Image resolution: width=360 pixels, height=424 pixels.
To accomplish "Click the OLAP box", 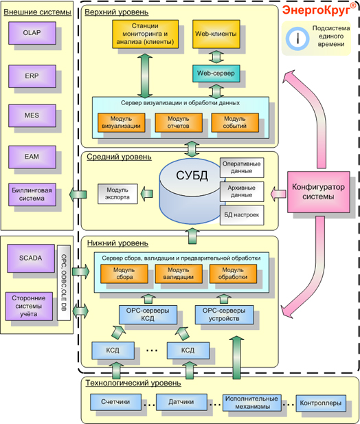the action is pyautogui.click(x=32, y=33).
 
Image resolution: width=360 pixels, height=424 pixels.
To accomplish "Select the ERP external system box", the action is pyautogui.click(x=32, y=76).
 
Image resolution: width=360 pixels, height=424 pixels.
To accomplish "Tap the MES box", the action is pyautogui.click(x=32, y=115).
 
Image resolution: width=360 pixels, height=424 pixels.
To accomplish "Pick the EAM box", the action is pyautogui.click(x=32, y=157).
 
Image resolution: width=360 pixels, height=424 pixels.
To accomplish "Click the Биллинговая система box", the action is pyautogui.click(x=32, y=194).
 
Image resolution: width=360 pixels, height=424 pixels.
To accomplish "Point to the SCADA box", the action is pyautogui.click(x=31, y=258).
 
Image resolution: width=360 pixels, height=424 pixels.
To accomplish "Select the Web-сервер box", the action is pyautogui.click(x=216, y=74).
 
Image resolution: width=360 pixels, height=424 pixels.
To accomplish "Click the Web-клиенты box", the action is pyautogui.click(x=216, y=34).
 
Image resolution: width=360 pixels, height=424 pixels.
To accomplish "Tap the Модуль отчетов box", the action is pyautogui.click(x=179, y=122).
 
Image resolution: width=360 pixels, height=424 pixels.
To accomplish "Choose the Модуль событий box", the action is pyautogui.click(x=235, y=122).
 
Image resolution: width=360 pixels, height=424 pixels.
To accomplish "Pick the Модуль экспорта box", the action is pyautogui.click(x=117, y=194).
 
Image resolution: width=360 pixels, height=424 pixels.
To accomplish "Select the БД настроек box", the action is pyautogui.click(x=242, y=215).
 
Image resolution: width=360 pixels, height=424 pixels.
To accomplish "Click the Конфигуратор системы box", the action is pyautogui.click(x=318, y=192).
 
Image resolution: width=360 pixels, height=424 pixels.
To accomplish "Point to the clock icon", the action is pyautogui.click(x=297, y=38).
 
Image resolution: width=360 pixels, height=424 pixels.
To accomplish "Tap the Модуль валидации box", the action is pyautogui.click(x=179, y=274).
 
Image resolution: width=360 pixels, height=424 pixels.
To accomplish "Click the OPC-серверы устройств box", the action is pyautogui.click(x=225, y=315).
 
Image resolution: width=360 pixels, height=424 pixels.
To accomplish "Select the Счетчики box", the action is pyautogui.click(x=115, y=402).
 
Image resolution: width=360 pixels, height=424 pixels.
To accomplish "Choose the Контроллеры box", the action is pyautogui.click(x=321, y=403).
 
